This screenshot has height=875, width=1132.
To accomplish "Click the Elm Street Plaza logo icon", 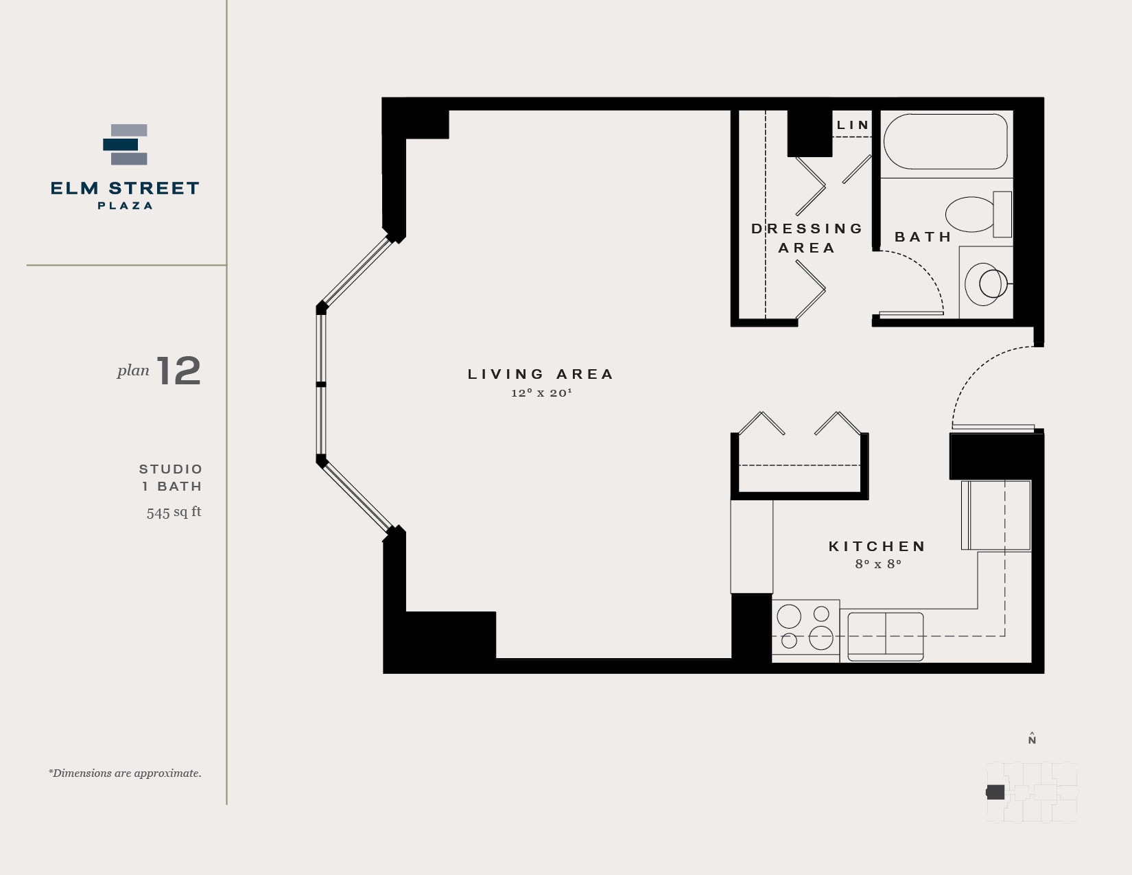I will pyautogui.click(x=126, y=145).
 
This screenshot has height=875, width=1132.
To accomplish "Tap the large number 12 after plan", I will pyautogui.click(x=179, y=371).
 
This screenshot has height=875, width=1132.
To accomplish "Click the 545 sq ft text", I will pyautogui.click(x=174, y=512).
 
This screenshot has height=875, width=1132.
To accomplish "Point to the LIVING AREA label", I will pyautogui.click(x=541, y=374).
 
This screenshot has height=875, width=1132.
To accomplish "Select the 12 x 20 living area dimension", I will pyautogui.click(x=541, y=393).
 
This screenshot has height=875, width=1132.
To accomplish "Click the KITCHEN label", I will pyautogui.click(x=877, y=546).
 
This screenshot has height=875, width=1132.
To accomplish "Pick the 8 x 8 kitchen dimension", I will pyautogui.click(x=878, y=564).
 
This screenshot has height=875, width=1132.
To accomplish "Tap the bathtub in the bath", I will pyautogui.click(x=945, y=141).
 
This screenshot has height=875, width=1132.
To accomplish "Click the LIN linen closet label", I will pyautogui.click(x=853, y=125).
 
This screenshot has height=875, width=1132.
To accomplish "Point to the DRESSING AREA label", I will pyautogui.click(x=807, y=237).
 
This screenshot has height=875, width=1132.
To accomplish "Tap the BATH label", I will pyautogui.click(x=923, y=237).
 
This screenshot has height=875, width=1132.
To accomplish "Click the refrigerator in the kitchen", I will pyautogui.click(x=996, y=515).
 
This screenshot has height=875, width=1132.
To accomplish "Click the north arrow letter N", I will pyautogui.click(x=1032, y=740).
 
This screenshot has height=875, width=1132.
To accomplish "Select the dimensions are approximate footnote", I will pyautogui.click(x=125, y=773).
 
